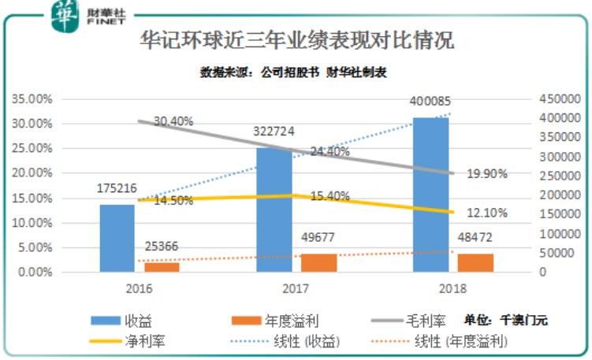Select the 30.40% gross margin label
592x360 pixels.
173,121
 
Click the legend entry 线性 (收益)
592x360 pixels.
294,341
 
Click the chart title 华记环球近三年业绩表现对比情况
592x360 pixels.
297,39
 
